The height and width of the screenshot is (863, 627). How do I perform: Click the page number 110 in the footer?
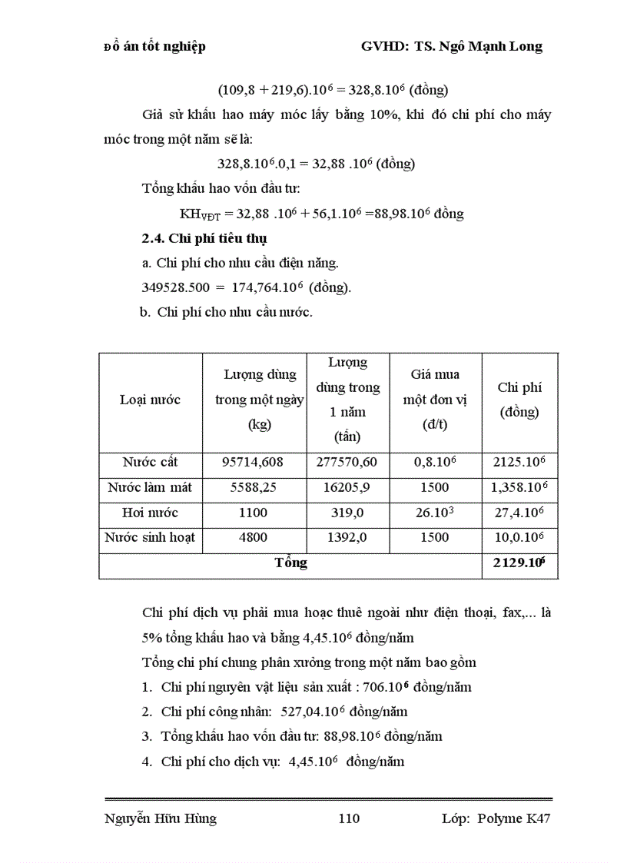(349, 818)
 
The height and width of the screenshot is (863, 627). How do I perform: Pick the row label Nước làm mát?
(150, 488)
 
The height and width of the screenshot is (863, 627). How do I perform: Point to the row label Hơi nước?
(150, 513)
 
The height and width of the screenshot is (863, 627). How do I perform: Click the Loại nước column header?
(150, 400)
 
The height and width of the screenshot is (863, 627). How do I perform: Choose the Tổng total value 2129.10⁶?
(519, 563)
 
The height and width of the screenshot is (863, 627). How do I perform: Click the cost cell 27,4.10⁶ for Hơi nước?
(519, 513)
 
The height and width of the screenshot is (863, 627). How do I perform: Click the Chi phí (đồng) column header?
(519, 400)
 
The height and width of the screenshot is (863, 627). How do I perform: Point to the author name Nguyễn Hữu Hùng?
(160, 818)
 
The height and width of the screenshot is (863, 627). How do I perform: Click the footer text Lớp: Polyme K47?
(496, 818)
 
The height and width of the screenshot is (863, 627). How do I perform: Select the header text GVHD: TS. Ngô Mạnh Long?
(452, 47)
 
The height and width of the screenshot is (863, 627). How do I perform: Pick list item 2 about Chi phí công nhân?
(284, 712)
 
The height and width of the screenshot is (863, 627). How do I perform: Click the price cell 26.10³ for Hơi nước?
(436, 513)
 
